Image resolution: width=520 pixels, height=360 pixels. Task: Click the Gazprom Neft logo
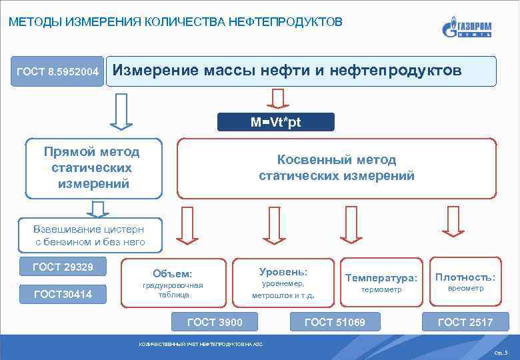pyautogui.click(x=467, y=28)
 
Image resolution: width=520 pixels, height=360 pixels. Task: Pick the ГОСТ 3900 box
pyautogui.click(x=215, y=322)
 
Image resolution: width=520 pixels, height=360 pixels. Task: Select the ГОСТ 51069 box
pyautogui.click(x=335, y=322)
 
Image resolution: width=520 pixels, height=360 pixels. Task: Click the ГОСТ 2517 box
pyautogui.click(x=465, y=322)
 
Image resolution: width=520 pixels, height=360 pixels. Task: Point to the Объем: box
pyautogui.click(x=173, y=283)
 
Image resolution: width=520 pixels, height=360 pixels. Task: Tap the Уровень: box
pyautogui.click(x=283, y=282)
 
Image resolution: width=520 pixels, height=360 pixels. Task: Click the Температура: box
pyautogui.click(x=381, y=282)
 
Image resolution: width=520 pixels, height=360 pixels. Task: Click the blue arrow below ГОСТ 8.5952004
pyautogui.click(x=121, y=111)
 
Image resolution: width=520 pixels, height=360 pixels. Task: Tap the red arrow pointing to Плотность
pyautogui.click(x=453, y=223)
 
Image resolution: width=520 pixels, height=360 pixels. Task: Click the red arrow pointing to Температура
pyautogui.click(x=349, y=224)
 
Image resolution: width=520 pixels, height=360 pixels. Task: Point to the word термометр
pyautogui.click(x=381, y=291)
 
